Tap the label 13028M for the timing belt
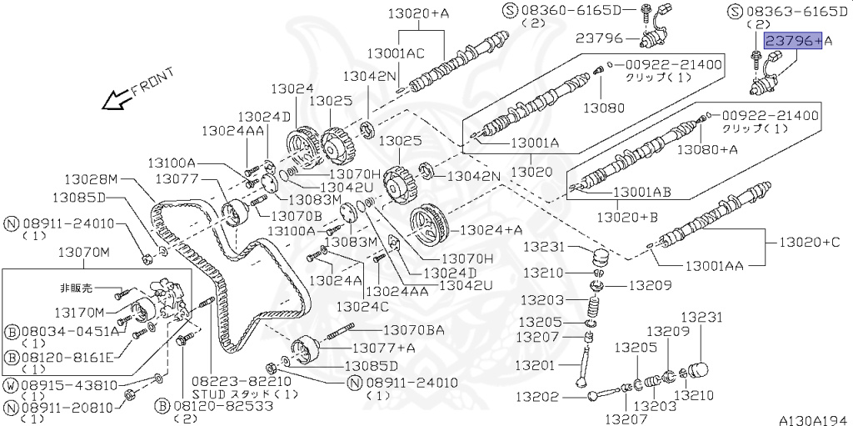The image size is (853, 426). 92,178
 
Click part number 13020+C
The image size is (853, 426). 809,243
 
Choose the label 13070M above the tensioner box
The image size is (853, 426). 82,252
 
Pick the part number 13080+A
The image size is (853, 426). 707,150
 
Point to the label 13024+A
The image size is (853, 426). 491,230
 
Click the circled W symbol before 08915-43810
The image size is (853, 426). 12,386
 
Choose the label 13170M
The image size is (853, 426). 80,313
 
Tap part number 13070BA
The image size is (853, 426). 413,331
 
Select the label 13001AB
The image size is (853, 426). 641,192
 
